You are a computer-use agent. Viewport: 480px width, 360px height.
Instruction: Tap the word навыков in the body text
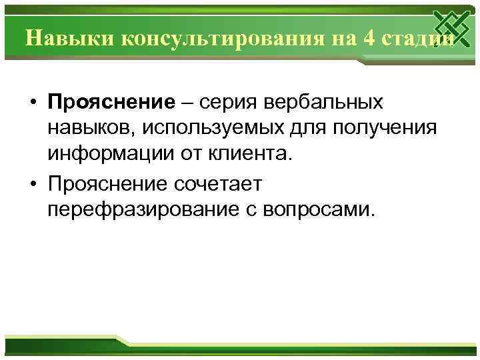click(x=87, y=129)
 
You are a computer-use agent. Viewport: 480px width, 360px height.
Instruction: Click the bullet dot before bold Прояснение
click(x=32, y=103)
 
